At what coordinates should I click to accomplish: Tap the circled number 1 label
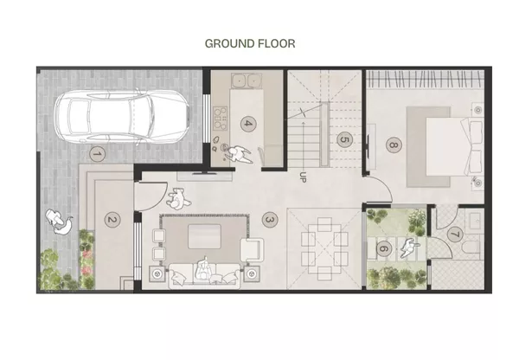97,155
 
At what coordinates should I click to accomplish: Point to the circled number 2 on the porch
111,220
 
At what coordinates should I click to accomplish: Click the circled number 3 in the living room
269,220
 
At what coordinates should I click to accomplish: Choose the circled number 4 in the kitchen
247,123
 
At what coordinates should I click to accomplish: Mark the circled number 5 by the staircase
343,138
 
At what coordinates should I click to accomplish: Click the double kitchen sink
246,82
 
